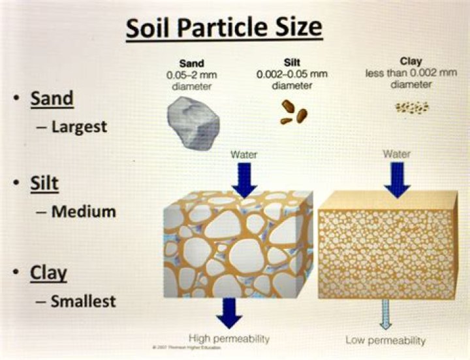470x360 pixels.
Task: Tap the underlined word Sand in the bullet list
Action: [52, 99]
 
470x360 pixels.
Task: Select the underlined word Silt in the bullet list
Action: [44, 184]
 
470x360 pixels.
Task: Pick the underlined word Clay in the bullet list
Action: [48, 272]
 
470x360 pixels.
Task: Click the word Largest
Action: [78, 126]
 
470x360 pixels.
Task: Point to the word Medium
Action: [83, 212]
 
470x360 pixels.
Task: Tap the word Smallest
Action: [83, 301]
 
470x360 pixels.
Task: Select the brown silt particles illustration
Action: [294, 113]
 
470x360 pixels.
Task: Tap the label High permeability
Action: [228, 338]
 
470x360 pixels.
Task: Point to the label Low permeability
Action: [385, 340]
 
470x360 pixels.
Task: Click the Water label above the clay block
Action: [397, 155]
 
